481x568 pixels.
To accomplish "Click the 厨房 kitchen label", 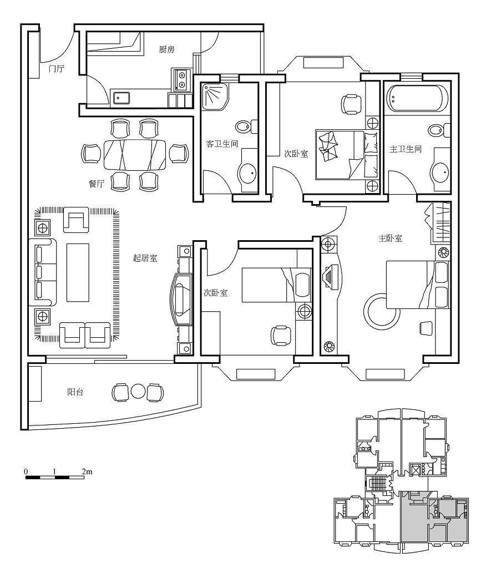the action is (166, 49).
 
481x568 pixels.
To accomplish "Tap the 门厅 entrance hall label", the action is (57, 68).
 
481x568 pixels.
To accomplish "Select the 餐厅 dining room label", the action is (97, 184).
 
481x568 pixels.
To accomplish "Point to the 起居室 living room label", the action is (145, 258).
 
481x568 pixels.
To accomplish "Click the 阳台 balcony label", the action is (75, 392).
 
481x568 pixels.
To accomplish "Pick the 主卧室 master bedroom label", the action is (390, 239).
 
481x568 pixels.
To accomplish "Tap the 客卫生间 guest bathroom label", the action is (222, 144).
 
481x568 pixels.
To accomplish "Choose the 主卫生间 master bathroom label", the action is (406, 149).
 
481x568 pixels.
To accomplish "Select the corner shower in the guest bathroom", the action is (215, 97).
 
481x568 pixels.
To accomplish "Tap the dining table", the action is (135, 155).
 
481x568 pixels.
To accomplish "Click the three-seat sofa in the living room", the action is (43, 272).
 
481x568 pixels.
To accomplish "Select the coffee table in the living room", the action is (78, 272).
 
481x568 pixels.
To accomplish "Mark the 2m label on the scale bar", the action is (87, 471).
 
